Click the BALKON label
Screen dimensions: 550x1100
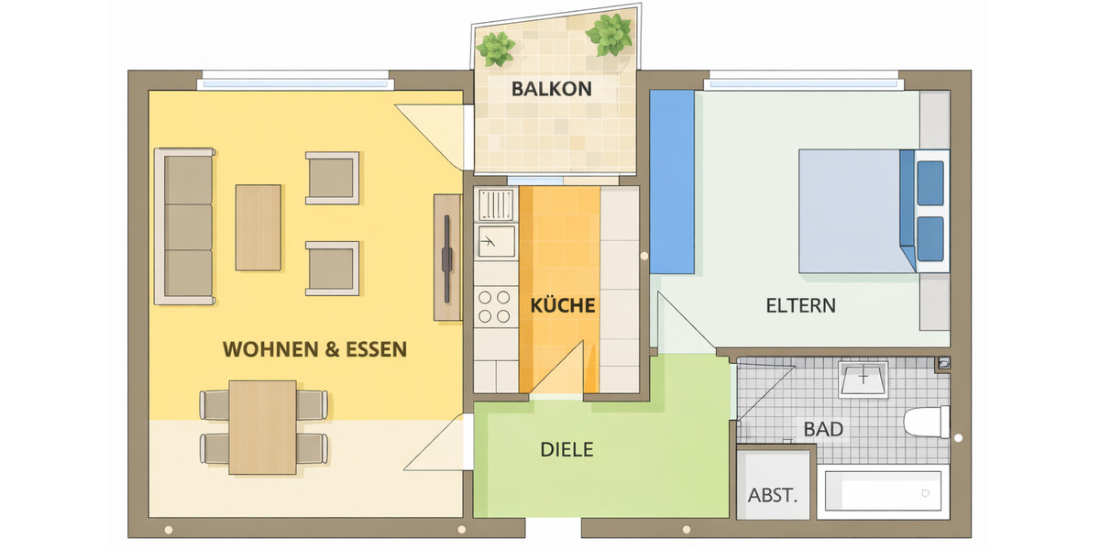(x=552, y=90)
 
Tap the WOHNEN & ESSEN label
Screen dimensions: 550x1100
(x=314, y=349)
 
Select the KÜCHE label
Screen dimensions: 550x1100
(x=563, y=305)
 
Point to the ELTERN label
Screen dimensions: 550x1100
(x=800, y=305)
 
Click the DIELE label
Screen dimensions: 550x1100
(x=566, y=450)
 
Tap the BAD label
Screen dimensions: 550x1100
(x=822, y=429)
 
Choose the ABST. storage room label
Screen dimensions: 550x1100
(x=773, y=496)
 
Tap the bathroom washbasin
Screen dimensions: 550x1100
(x=863, y=379)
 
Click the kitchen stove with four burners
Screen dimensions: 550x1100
(x=495, y=305)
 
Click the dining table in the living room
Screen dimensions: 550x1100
(x=262, y=426)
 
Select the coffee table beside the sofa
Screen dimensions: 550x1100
(x=258, y=227)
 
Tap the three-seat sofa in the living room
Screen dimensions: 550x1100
(x=187, y=225)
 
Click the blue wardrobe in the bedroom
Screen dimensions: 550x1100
(x=672, y=181)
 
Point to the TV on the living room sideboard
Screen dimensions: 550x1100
(x=446, y=258)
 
